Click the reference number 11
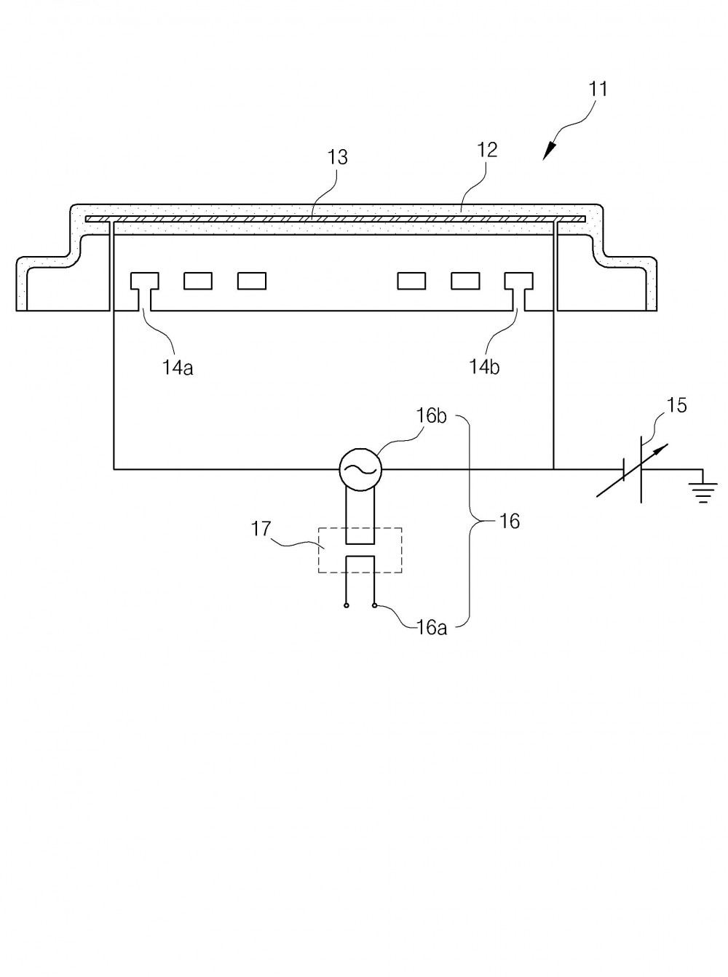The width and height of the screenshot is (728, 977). (x=598, y=89)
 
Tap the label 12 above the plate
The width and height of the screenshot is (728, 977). (x=487, y=150)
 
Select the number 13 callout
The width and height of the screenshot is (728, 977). (x=337, y=157)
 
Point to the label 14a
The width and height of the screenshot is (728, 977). (x=178, y=367)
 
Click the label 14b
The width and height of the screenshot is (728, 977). (x=484, y=367)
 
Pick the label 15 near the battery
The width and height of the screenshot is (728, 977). (x=677, y=405)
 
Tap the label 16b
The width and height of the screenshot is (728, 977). (x=432, y=416)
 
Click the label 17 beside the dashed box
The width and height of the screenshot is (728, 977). (x=261, y=529)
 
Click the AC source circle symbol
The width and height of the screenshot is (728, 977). (x=360, y=469)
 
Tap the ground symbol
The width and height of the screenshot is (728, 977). (x=703, y=492)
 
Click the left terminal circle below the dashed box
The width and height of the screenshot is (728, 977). (x=347, y=606)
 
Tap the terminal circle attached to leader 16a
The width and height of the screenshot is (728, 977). (x=374, y=606)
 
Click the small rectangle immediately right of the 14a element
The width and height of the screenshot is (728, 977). (x=198, y=281)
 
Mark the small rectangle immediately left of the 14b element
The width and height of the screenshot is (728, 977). (x=466, y=281)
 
